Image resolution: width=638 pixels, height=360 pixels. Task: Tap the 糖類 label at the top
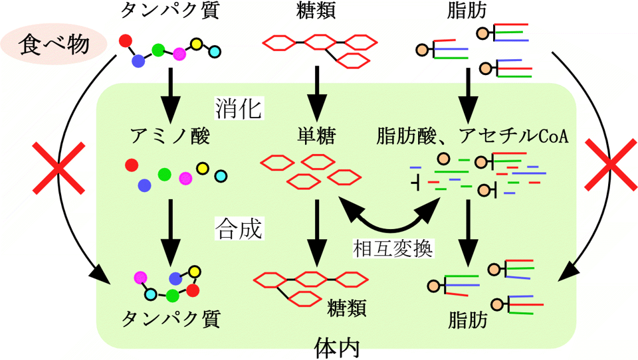pyautogui.click(x=316, y=11)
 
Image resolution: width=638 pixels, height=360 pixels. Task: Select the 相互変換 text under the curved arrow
pyautogui.click(x=393, y=249)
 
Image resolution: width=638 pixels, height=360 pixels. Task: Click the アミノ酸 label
pyautogui.click(x=171, y=137)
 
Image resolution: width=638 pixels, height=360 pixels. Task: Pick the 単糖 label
pyautogui.click(x=316, y=137)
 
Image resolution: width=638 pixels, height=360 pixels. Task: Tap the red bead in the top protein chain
pyautogui.click(x=124, y=41)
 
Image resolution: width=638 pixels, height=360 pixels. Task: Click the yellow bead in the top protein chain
pyautogui.click(x=196, y=45)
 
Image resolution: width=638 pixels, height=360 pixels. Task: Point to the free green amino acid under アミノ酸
pyautogui.click(x=163, y=174)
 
